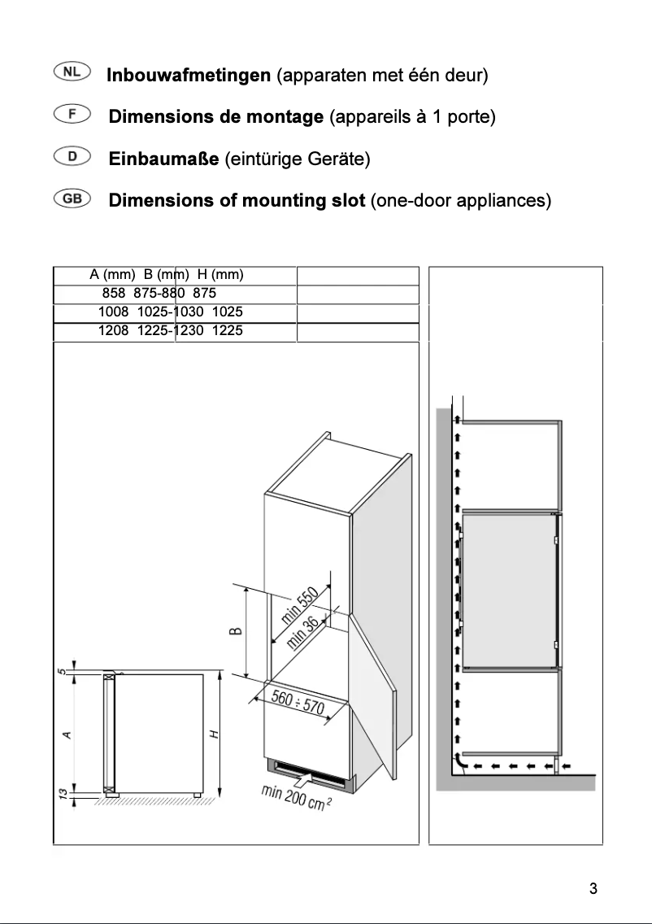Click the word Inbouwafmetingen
(x=189, y=76)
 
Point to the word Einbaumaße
(x=163, y=159)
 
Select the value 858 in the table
(x=114, y=293)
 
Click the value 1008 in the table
(x=113, y=312)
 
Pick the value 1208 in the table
(x=113, y=331)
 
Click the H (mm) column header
(x=221, y=274)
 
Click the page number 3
(x=593, y=888)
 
